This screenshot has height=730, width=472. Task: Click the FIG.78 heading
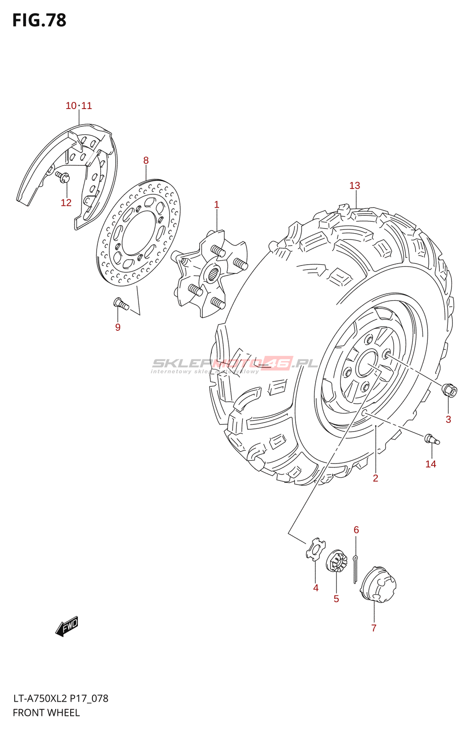click(x=39, y=20)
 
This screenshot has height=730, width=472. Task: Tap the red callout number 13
click(x=355, y=186)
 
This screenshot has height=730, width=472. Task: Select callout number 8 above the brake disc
click(x=146, y=160)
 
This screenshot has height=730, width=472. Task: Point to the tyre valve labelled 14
click(x=432, y=439)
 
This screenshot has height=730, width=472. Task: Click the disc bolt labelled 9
click(x=121, y=303)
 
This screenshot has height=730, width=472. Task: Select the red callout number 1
click(x=216, y=205)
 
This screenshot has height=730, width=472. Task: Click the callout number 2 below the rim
click(x=375, y=478)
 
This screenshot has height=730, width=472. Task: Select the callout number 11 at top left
click(x=87, y=106)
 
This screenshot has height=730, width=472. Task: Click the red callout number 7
click(x=374, y=628)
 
